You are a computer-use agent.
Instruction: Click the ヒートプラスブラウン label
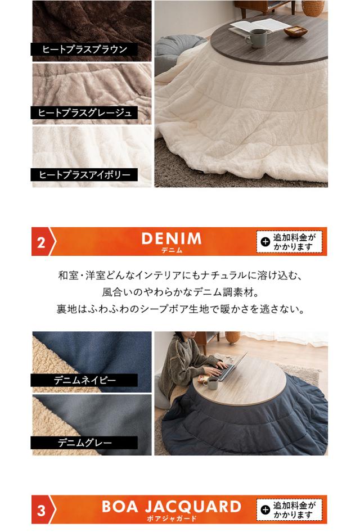[x=84, y=49]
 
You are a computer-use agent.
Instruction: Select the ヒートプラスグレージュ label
[x=84, y=112]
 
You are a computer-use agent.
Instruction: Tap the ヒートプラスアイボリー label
[x=84, y=175]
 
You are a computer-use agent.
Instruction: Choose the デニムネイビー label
[x=84, y=381]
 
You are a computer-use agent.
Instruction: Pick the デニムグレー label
[x=84, y=443]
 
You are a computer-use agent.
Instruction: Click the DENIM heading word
[x=171, y=238]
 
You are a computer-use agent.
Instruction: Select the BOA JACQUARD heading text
[x=171, y=506]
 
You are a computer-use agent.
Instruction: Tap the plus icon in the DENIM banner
[x=265, y=242]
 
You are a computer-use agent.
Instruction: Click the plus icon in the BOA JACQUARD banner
[x=265, y=510]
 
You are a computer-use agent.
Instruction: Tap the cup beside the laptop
[x=213, y=382]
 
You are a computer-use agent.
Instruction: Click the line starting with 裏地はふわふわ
[x=179, y=309]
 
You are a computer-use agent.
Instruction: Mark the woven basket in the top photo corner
[x=313, y=7]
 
